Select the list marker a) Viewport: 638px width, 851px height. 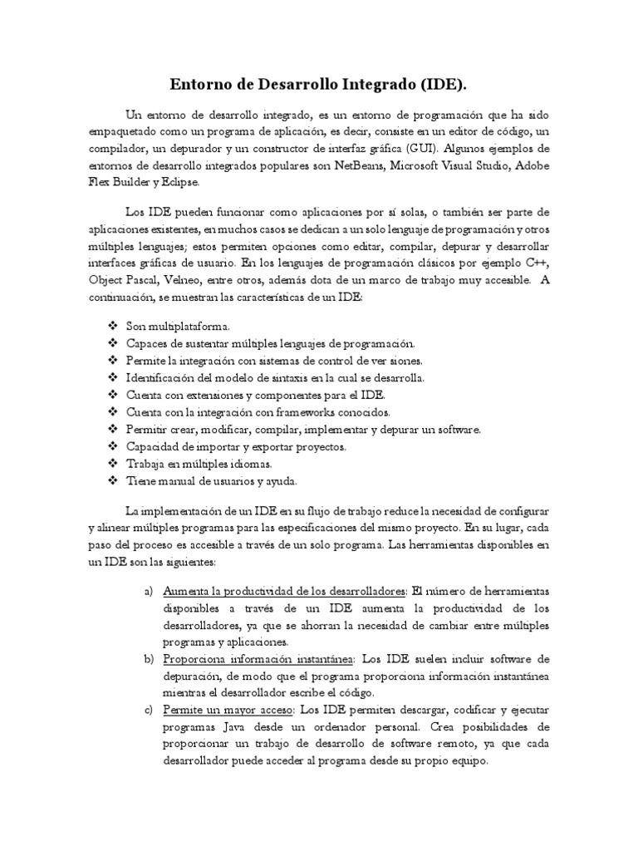(149, 591)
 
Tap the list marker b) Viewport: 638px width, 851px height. (149, 659)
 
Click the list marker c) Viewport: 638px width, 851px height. (149, 711)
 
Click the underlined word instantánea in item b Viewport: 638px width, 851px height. (321, 659)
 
